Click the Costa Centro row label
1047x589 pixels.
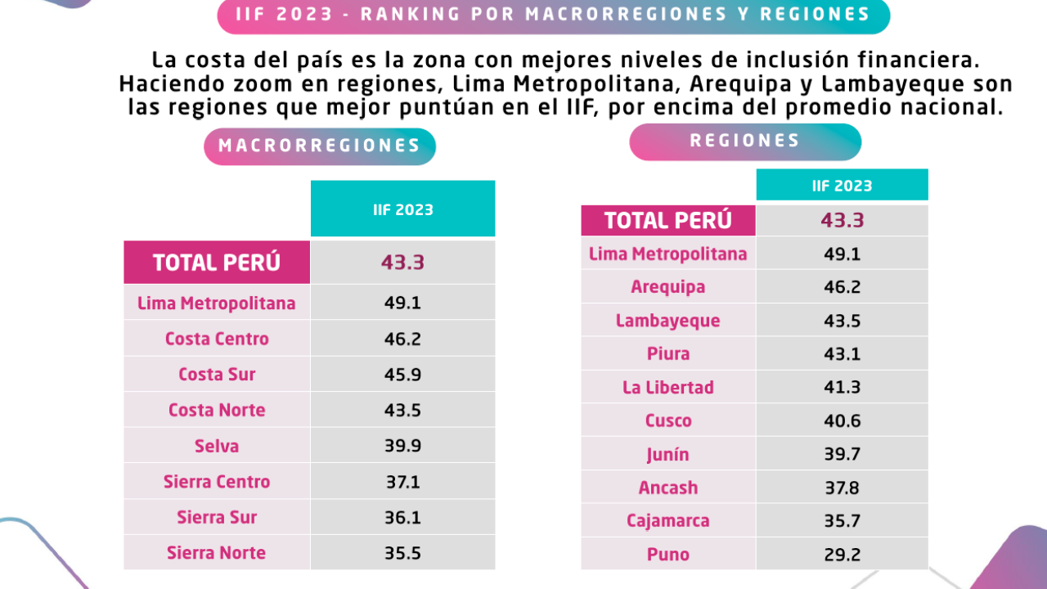(217, 339)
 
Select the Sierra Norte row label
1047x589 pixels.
(217, 553)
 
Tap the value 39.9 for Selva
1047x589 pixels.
(402, 446)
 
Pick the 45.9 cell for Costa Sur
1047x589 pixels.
(402, 375)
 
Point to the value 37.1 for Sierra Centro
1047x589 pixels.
(402, 482)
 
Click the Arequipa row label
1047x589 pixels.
(668, 287)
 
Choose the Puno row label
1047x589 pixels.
(668, 555)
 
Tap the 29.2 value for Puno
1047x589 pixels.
(843, 555)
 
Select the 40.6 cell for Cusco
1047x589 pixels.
(843, 420)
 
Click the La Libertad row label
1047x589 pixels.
(668, 388)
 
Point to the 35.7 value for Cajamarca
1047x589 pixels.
(843, 521)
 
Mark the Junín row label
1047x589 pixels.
(668, 455)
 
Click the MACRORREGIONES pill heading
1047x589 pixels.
(320, 146)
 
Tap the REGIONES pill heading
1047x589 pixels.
(744, 141)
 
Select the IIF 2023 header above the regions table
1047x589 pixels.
(843, 186)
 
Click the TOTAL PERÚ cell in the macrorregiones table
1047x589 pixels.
(217, 263)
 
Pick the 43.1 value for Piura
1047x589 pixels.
(843, 354)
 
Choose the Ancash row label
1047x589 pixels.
(668, 488)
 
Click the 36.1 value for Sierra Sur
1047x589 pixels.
(402, 518)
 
